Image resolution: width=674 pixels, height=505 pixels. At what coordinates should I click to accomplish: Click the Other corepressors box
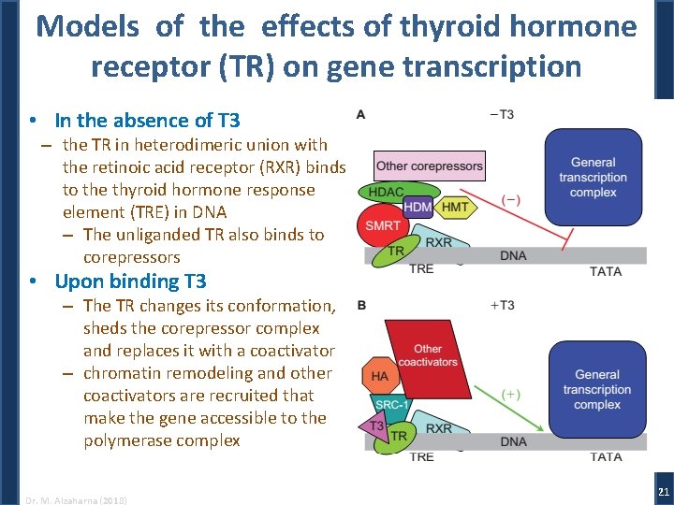(430, 166)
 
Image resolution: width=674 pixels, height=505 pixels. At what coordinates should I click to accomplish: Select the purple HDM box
(417, 206)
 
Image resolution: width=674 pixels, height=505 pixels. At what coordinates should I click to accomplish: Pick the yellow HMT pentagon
(455, 207)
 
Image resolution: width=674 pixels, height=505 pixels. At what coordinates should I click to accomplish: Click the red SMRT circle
(381, 225)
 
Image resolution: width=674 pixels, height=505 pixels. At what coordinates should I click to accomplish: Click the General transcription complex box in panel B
(597, 389)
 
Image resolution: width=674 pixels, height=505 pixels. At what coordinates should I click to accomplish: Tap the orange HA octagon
(379, 376)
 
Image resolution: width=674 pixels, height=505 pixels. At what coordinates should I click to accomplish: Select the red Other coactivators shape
(429, 355)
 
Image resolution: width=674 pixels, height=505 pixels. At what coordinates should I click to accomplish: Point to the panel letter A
(360, 115)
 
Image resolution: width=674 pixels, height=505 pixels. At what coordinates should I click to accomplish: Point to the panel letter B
(361, 306)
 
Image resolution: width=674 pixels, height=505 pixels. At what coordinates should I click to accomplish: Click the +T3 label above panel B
(502, 306)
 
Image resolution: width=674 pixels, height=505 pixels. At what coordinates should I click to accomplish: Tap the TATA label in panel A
(606, 271)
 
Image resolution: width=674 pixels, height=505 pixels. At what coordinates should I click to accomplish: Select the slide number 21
(663, 492)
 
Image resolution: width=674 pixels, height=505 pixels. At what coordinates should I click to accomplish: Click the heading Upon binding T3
(130, 281)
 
